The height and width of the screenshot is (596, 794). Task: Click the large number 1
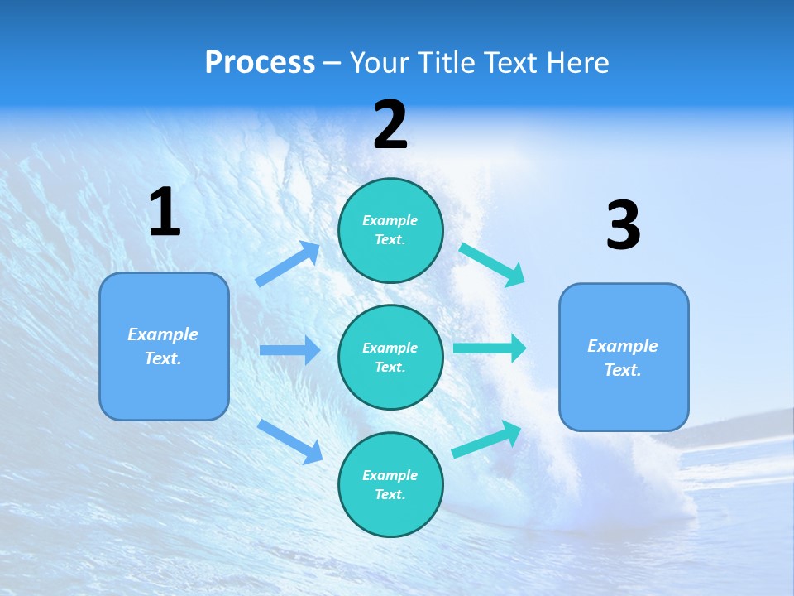tap(165, 213)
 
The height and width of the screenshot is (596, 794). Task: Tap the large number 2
tap(390, 125)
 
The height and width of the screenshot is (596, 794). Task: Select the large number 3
tap(623, 225)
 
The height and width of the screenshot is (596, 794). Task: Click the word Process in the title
tap(260, 62)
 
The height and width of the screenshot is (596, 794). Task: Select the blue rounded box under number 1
tap(164, 346)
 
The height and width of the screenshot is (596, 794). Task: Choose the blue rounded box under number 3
tap(624, 357)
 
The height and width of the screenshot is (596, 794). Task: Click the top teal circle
tap(390, 230)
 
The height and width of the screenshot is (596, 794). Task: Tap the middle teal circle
tap(390, 357)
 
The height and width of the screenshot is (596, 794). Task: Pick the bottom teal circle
tap(390, 484)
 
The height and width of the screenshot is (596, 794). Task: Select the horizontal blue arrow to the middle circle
tap(289, 350)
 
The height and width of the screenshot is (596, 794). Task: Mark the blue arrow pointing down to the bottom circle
tap(289, 441)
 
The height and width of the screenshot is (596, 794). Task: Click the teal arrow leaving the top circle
tap(492, 264)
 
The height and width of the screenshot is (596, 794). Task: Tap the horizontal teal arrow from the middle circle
tap(490, 348)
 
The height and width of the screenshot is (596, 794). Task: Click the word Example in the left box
tap(163, 334)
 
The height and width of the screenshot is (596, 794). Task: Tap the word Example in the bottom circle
tap(390, 475)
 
